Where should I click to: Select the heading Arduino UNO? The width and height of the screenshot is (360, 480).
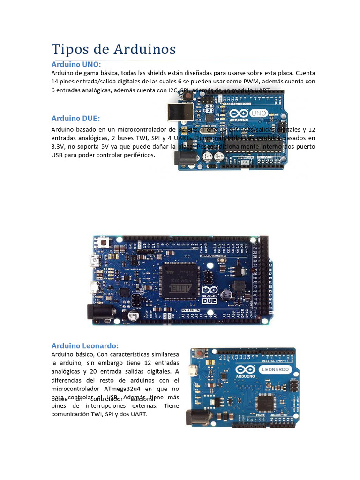pos(76,64)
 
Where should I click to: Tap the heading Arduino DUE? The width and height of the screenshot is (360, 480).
pos(75,118)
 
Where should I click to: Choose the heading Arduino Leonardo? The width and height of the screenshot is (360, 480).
pos(85,345)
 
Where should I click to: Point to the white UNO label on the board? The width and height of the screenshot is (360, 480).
pos(259,113)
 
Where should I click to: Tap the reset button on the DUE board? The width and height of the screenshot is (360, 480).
pos(104,243)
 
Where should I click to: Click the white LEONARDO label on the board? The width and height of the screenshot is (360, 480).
pos(275,369)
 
